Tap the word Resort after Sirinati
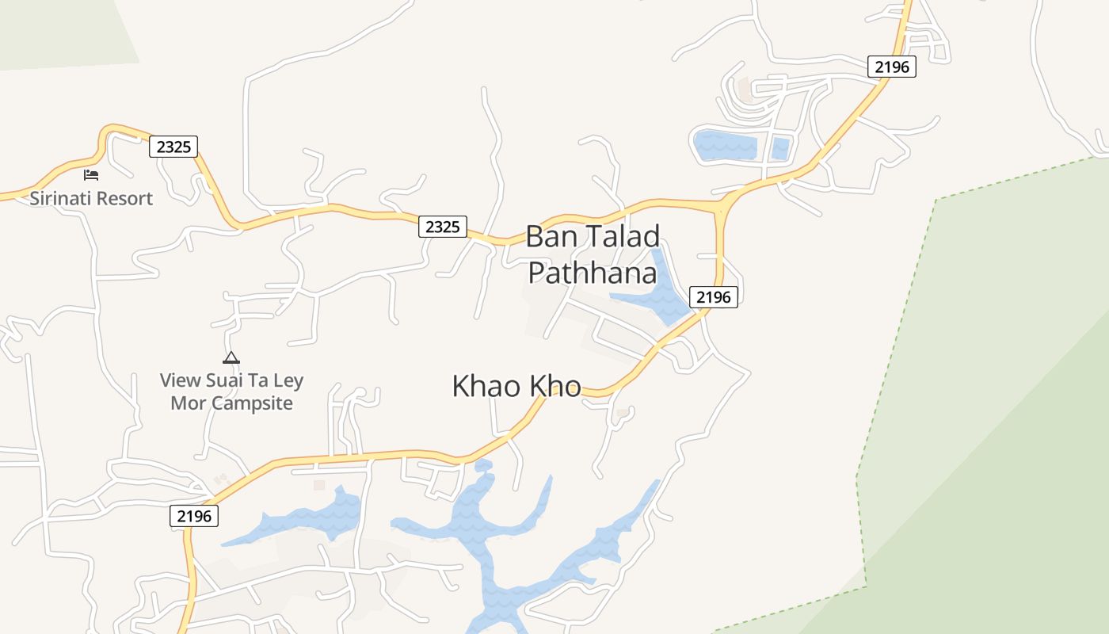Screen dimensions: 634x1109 pyautogui.click(x=124, y=198)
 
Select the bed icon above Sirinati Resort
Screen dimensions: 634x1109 pyautogui.click(x=91, y=174)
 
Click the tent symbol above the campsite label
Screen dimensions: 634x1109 pyautogui.click(x=231, y=357)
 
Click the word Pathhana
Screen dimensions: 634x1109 pyautogui.click(x=593, y=273)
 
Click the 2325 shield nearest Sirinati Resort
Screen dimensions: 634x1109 pyautogui.click(x=173, y=147)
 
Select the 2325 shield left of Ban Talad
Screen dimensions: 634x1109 pyautogui.click(x=442, y=227)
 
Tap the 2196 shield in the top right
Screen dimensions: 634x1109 pyautogui.click(x=891, y=67)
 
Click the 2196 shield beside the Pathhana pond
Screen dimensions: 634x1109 pyautogui.click(x=714, y=297)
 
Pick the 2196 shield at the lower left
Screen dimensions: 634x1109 pyautogui.click(x=194, y=517)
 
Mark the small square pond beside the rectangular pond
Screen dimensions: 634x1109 pyautogui.click(x=781, y=148)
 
